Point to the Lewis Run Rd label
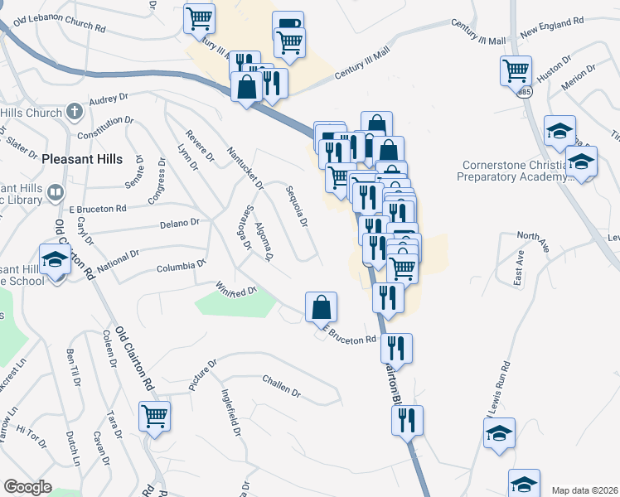pyautogui.click(x=498, y=390)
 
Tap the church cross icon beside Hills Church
pyautogui.click(x=74, y=111)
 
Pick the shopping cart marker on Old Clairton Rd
pyautogui.click(x=154, y=416)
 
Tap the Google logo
pyautogui.click(x=28, y=487)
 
